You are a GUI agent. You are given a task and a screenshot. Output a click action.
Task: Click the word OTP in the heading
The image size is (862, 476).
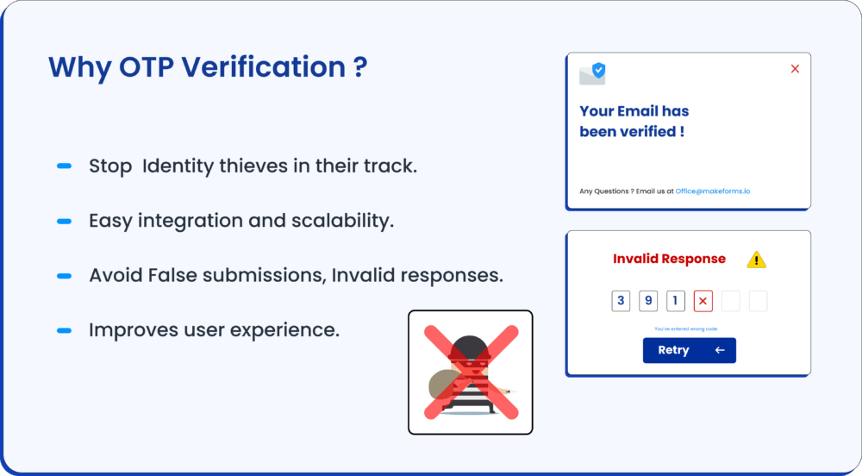pos(147,67)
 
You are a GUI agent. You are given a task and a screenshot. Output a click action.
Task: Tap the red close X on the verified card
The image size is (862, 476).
pos(795,69)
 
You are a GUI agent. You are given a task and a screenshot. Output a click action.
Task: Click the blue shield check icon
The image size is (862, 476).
pos(599,71)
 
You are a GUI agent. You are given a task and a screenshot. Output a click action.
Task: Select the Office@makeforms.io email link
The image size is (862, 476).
pos(713,191)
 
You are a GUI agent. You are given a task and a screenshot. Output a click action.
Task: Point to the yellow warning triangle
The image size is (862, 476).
pos(757,260)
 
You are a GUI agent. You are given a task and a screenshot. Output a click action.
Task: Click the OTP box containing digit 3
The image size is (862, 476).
pos(621,301)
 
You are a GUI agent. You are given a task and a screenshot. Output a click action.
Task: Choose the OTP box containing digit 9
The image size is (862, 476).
pos(648,301)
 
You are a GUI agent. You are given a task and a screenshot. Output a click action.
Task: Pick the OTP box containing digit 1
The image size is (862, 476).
pos(676,301)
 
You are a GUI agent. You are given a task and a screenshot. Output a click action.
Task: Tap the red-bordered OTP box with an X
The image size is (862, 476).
pos(703,301)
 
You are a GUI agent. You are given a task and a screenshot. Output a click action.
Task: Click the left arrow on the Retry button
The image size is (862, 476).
pos(720,350)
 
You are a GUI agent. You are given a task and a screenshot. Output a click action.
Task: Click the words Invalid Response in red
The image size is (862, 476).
pos(669,259)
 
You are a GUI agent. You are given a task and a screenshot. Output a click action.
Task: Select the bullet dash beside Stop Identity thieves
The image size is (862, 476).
pos(65,166)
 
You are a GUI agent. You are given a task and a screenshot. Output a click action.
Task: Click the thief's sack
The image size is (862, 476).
pos(446,385)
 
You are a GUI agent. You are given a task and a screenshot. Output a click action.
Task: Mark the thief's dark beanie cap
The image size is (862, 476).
pos(470,347)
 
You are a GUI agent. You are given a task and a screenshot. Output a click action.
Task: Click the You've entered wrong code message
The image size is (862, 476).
pos(685,329)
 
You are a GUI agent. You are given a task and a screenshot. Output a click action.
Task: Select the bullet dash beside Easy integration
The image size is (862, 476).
pos(65,221)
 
